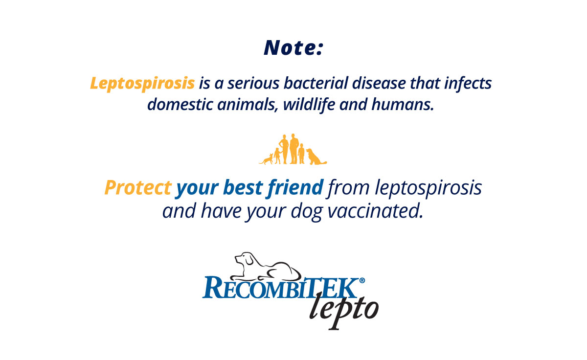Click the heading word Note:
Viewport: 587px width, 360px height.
[x=294, y=47]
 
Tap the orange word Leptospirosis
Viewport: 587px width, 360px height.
[x=142, y=84]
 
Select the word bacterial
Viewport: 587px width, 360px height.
[x=316, y=83]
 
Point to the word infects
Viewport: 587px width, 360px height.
[x=468, y=83]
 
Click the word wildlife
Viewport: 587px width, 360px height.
[x=309, y=105]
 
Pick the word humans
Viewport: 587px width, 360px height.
[x=403, y=104]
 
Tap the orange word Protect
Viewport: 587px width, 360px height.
[x=138, y=187]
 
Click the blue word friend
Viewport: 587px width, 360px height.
[x=295, y=188]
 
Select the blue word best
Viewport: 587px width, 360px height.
[x=243, y=187]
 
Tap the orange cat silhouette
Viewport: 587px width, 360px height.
[x=266, y=159]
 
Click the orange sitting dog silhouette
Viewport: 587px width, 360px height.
[x=316, y=157]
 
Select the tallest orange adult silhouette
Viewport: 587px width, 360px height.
[x=294, y=149]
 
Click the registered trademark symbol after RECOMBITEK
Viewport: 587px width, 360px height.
[x=362, y=280]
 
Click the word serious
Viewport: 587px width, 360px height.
[x=253, y=83]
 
